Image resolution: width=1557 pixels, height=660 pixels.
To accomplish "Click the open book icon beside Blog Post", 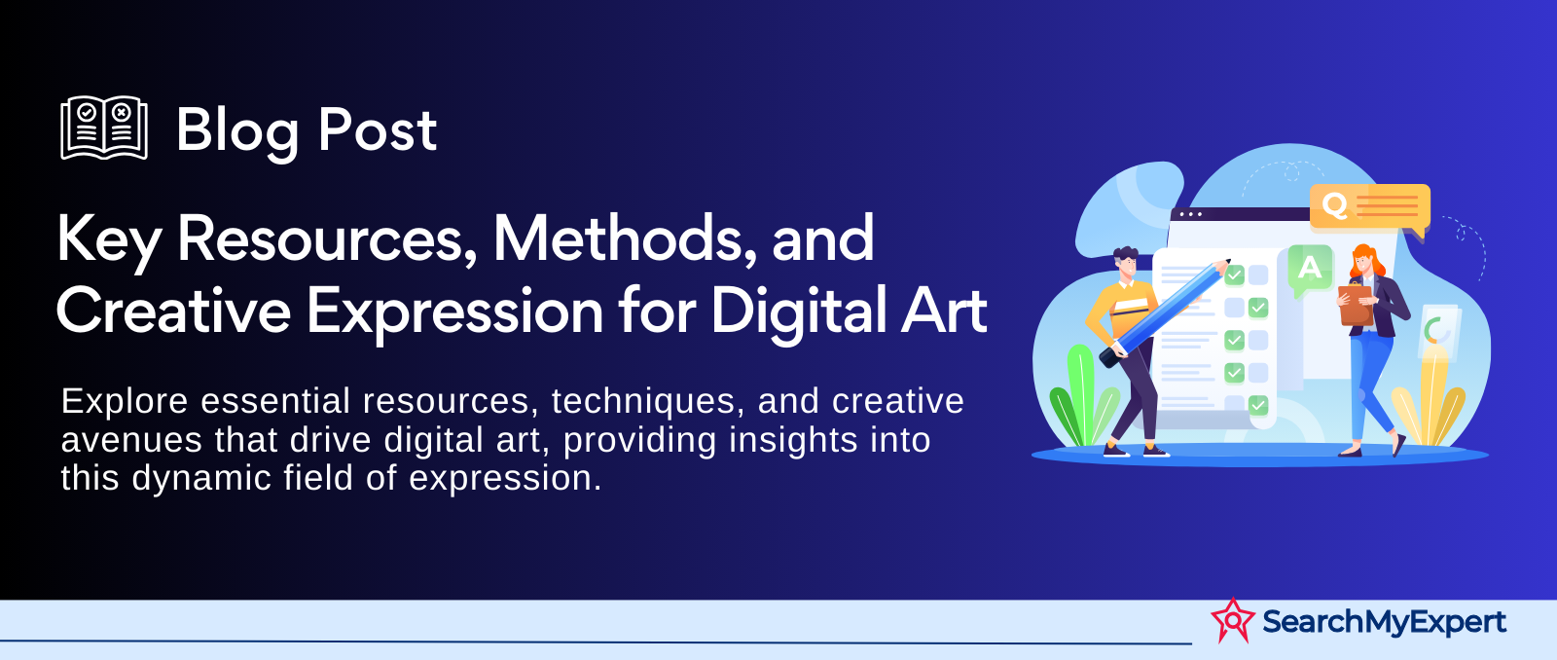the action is click(104, 128).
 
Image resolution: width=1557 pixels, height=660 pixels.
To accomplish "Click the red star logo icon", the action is click(1232, 620).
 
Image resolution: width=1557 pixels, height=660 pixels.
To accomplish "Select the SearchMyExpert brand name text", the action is click(1384, 622).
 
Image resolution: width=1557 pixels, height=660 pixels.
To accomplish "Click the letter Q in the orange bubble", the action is click(1334, 204).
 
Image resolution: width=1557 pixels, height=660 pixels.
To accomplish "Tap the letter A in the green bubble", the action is click(1310, 267).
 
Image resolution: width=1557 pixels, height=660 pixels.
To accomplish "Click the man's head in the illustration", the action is click(1125, 262).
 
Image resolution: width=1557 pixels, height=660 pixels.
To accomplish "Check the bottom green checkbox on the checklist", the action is click(1258, 404).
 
